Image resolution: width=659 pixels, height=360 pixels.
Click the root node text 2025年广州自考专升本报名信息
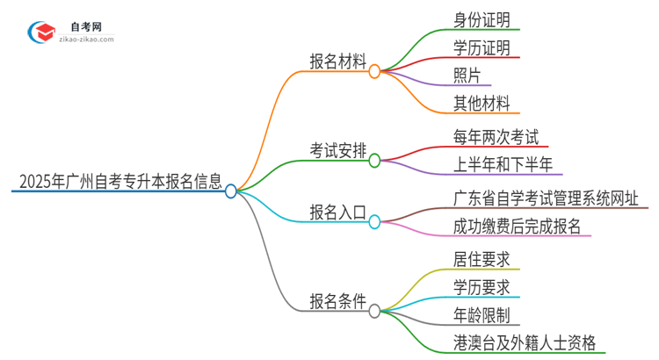119,184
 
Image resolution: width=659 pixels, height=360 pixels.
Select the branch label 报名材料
337,61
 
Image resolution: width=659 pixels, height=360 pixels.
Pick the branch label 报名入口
337,212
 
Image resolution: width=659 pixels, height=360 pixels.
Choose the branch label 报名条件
337,300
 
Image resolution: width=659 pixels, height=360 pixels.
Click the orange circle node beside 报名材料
374,71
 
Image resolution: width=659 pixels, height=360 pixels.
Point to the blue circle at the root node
231,191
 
